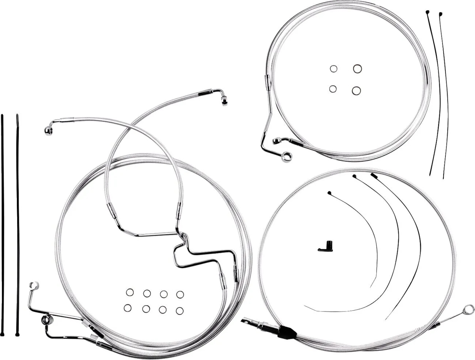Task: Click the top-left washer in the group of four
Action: point(333,69)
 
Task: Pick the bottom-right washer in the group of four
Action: point(356,90)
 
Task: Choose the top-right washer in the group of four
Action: point(357,68)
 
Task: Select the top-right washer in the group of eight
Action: point(180,294)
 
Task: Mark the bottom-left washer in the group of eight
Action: point(128,308)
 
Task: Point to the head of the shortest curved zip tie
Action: point(329,193)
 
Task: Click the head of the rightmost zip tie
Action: point(440,14)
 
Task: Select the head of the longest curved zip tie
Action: point(373,175)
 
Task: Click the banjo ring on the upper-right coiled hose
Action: point(289,156)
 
